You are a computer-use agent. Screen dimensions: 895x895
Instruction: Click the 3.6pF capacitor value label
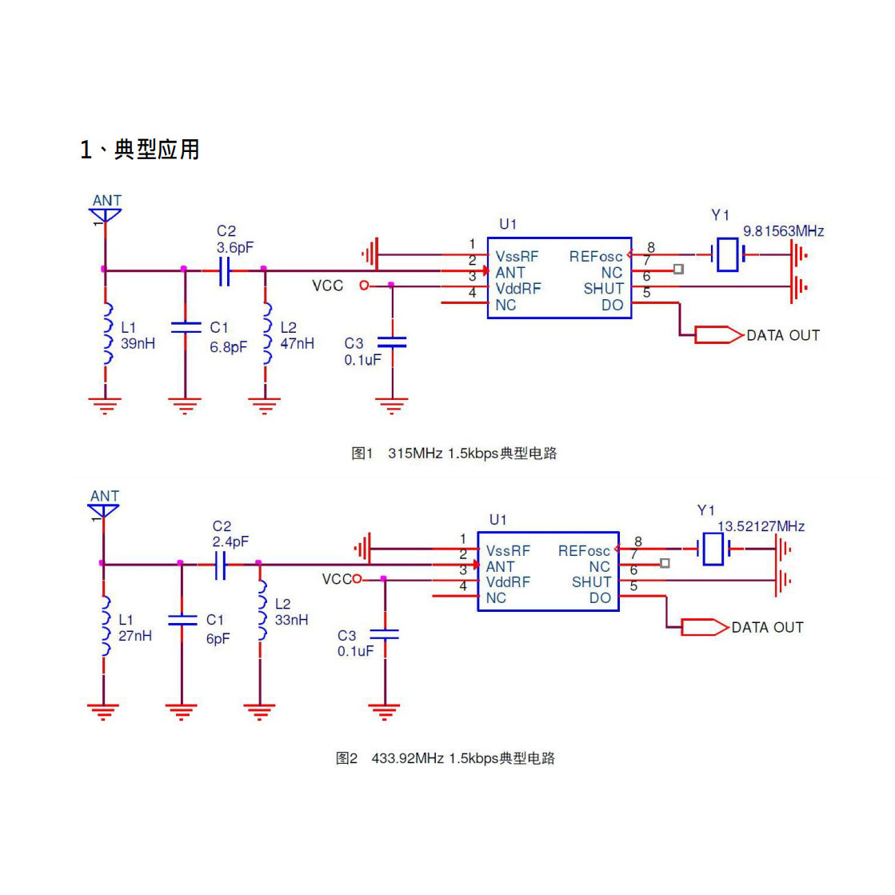coord(234,248)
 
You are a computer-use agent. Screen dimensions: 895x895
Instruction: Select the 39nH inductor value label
coord(138,344)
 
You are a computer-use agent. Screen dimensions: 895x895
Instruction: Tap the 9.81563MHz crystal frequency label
coord(783,231)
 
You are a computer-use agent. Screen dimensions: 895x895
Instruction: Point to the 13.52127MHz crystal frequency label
coord(761,526)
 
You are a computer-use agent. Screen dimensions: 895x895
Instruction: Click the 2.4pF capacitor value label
coord(230,541)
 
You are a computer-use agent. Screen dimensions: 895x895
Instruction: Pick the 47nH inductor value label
coord(297,344)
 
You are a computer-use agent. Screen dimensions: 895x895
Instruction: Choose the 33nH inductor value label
coord(291,620)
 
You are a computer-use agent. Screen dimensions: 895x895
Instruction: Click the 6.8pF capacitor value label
coord(228,347)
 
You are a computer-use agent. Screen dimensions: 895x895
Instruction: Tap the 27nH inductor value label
coord(134,636)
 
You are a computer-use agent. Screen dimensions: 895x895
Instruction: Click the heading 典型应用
coord(157,150)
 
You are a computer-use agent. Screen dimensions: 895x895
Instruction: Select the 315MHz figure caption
coord(453,453)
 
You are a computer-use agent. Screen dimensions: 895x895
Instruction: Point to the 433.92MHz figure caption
coord(446,758)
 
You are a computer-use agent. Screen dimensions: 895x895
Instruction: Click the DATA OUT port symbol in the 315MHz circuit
coord(719,335)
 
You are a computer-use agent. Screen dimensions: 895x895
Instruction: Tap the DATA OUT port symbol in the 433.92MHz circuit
coord(705,627)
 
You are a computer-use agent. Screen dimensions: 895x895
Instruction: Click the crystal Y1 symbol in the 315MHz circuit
coord(728,254)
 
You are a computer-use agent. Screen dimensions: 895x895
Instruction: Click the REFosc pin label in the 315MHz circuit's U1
coord(595,257)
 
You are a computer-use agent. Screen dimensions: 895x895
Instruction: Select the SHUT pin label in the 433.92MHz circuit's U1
coord(591,582)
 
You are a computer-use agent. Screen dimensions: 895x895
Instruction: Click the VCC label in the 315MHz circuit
coord(328,286)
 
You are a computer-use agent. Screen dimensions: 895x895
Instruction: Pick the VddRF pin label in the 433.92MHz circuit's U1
coord(508,582)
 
